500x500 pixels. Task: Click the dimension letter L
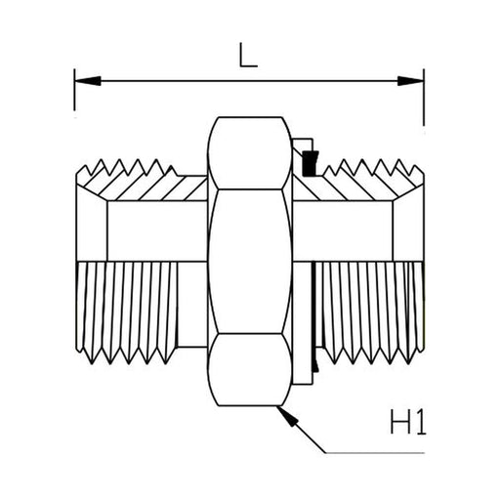point(248,56)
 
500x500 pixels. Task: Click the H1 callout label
point(408,422)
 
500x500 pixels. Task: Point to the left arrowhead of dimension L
point(87,81)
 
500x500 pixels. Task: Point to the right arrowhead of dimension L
point(411,81)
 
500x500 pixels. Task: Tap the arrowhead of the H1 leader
point(288,416)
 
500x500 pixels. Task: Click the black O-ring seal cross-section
point(310,163)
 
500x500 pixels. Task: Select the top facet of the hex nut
point(250,152)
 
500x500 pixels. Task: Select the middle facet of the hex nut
point(250,261)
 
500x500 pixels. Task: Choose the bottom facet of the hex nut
point(250,369)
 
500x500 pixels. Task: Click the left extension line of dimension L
point(74,90)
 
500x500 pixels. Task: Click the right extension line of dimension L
point(424,97)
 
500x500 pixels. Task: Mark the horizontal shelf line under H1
point(375,453)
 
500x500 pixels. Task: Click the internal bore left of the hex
point(157,231)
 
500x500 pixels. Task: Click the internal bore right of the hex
point(343,231)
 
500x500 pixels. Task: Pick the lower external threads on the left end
point(127,312)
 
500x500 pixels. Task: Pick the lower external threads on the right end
point(371,312)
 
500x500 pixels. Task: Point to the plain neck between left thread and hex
point(192,305)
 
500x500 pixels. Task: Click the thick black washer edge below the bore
point(313,317)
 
